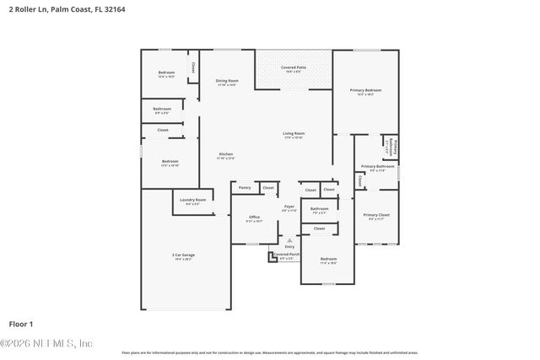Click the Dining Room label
point(227,81)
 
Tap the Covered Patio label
point(294,67)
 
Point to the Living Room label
point(294,133)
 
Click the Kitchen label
point(226,154)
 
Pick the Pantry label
point(245,188)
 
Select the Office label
point(254,218)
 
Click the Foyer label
point(289,207)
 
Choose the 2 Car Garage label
point(182,255)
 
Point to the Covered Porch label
point(286,254)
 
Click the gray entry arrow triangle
point(289,239)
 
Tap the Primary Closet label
point(376,216)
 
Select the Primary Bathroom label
point(373,167)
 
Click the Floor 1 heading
point(20,323)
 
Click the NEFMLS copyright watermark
point(46,343)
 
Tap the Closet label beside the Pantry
point(267,188)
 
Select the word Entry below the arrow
point(289,246)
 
